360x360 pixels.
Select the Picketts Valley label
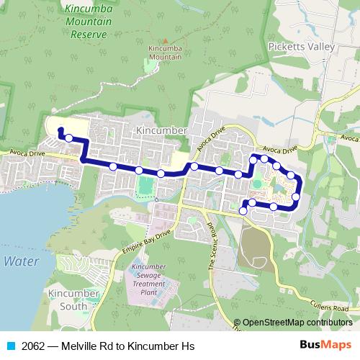click(x=301, y=46)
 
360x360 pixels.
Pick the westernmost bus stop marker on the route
click(x=68, y=138)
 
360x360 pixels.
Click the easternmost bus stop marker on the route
click(x=296, y=196)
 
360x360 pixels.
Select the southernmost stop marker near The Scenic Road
click(x=243, y=211)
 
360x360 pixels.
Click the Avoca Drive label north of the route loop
click(x=279, y=148)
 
